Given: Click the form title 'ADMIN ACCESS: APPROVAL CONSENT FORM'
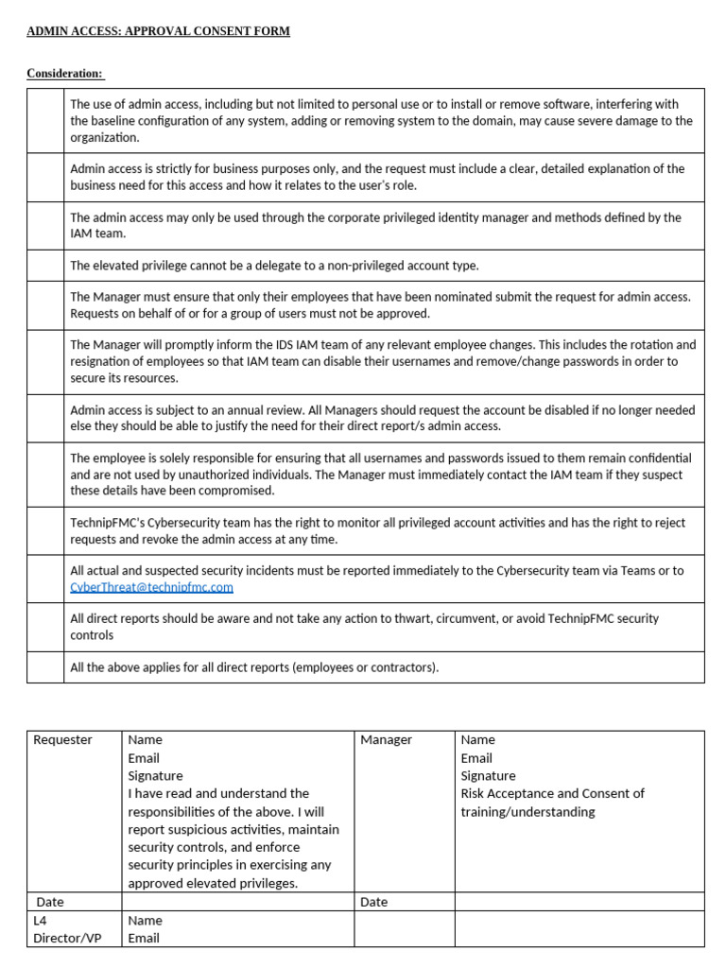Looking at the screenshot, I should (x=158, y=31).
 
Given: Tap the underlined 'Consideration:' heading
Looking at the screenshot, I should (x=65, y=74).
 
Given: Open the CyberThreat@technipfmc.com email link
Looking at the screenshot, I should (x=151, y=587).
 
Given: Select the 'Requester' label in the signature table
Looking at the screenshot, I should (x=62, y=740).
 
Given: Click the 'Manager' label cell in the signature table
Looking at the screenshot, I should (x=386, y=740).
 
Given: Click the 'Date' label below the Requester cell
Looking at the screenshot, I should (x=50, y=902).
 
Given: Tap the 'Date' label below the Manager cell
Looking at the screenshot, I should (x=373, y=902).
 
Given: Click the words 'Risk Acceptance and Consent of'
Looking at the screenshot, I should (x=552, y=793).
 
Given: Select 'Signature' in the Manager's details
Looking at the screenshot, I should (x=488, y=776).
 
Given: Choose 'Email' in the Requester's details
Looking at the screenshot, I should (x=144, y=758).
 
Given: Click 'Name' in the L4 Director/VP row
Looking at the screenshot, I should (x=145, y=920).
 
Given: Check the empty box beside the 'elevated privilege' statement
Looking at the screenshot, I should (x=45, y=266).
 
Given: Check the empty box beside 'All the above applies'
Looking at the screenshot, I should (x=45, y=667).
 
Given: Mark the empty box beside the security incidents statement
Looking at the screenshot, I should (x=45, y=579).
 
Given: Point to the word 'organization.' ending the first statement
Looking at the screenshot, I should (x=105, y=137).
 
